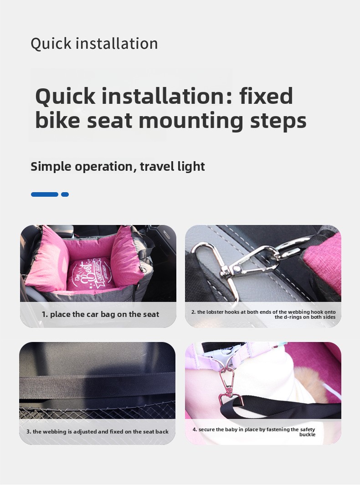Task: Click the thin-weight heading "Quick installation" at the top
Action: (94, 44)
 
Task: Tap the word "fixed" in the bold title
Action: (266, 96)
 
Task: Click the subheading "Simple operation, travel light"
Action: (118, 167)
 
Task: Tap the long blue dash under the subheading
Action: (45, 194)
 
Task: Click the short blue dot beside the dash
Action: (65, 194)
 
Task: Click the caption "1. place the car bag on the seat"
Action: (100, 314)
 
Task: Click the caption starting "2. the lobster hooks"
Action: (263, 314)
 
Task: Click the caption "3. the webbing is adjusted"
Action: (98, 432)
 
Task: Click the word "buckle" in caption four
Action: (307, 434)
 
